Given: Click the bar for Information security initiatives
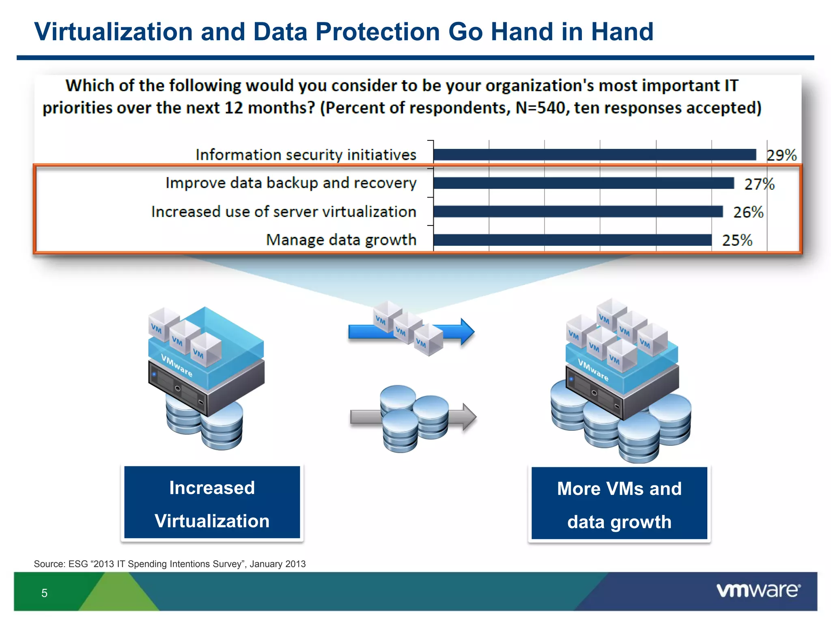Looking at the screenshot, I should (594, 155).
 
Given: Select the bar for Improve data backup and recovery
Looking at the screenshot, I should (583, 183).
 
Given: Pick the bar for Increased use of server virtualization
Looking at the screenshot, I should (578, 211).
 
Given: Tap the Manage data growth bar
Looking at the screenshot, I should (572, 240).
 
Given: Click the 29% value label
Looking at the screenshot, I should (781, 155).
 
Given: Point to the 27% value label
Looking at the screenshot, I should (759, 184).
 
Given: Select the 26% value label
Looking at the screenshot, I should (748, 212).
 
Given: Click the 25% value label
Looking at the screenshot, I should (737, 240).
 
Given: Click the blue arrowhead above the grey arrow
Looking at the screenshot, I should (467, 332).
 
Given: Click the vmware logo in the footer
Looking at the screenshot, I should (758, 590).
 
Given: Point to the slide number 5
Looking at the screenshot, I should (44, 593).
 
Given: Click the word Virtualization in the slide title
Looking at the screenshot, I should (114, 32).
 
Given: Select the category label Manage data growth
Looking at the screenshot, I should (341, 240).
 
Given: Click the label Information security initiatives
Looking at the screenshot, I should (306, 155).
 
